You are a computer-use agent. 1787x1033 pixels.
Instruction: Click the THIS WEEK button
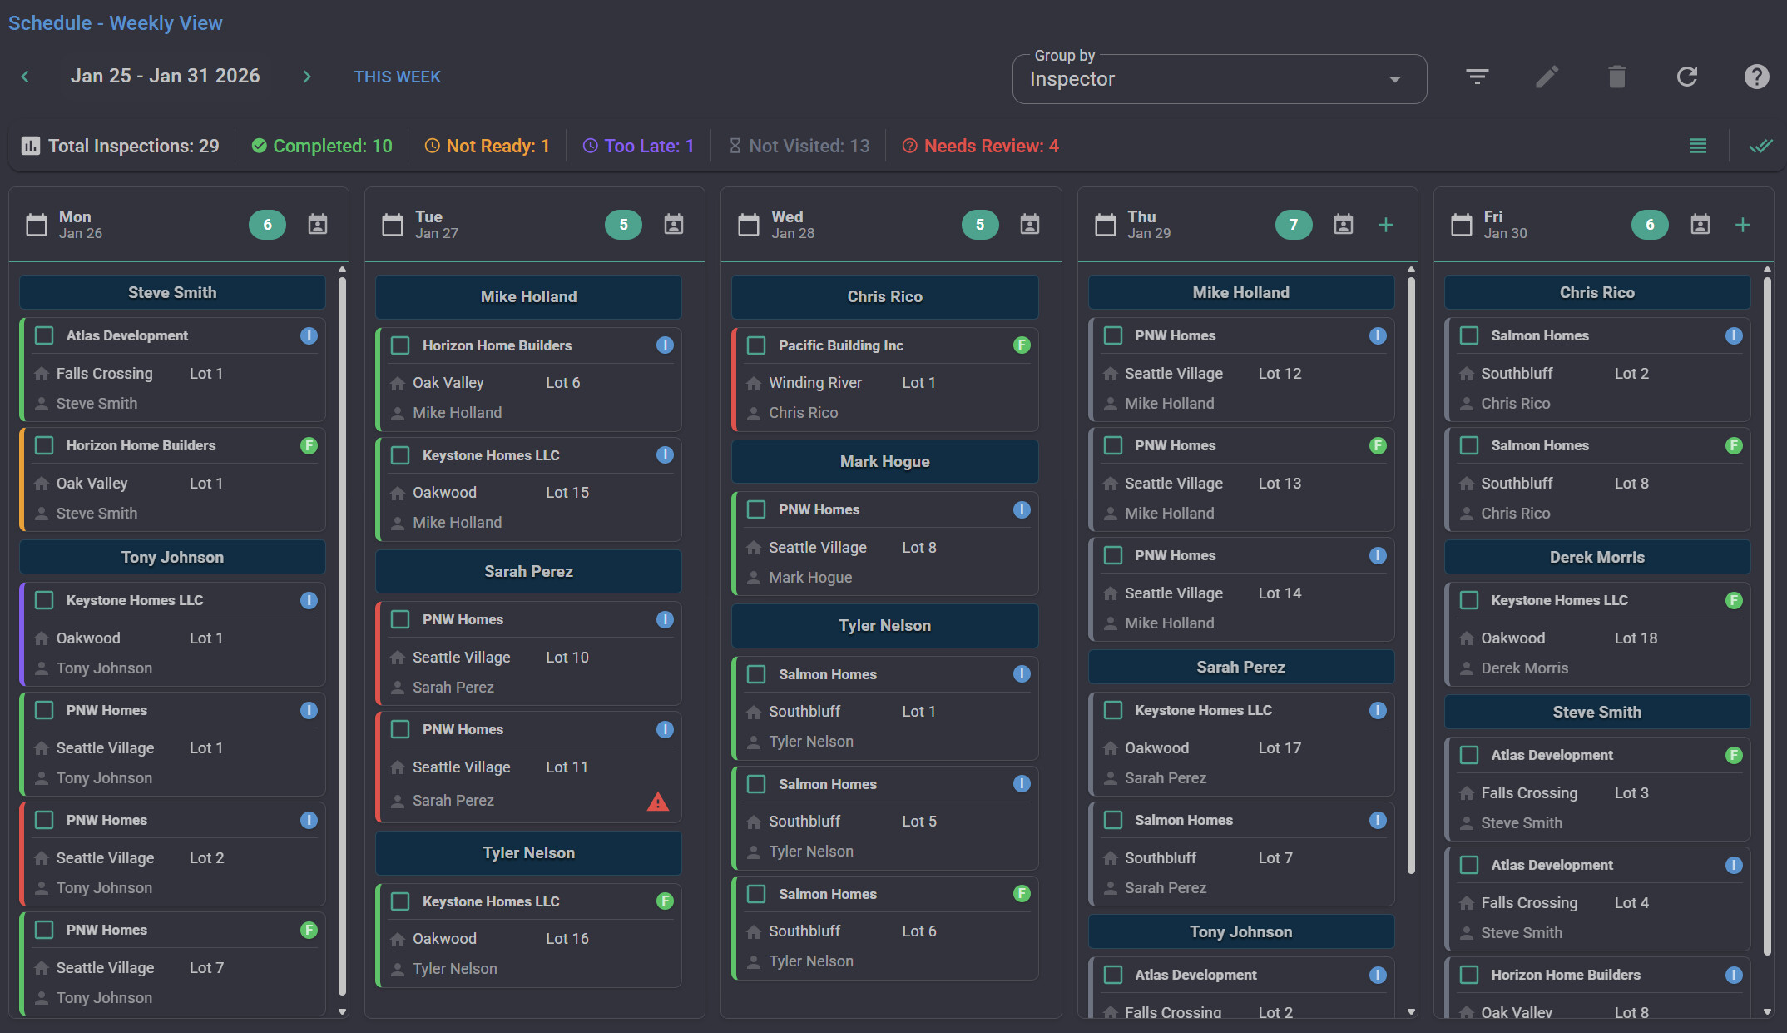point(397,77)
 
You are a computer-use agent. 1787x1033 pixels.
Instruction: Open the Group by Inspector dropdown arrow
point(1394,79)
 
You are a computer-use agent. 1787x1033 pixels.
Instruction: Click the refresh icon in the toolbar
point(1686,77)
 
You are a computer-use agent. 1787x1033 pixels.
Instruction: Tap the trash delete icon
point(1616,77)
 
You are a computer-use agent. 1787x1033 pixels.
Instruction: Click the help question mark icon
point(1756,77)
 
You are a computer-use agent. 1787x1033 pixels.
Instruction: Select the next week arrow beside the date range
point(307,77)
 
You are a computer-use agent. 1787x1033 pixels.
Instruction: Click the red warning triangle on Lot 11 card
point(657,802)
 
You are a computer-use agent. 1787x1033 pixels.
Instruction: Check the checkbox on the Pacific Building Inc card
point(756,345)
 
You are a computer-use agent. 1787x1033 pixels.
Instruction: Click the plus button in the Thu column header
point(1386,225)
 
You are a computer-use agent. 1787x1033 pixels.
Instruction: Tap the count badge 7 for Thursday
point(1293,225)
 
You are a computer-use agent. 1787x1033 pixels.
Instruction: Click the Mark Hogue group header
point(884,461)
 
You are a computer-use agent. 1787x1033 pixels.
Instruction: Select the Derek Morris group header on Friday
point(1596,557)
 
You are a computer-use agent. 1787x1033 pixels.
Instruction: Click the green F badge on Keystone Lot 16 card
point(665,901)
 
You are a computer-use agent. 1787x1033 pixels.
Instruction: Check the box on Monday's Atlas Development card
point(44,335)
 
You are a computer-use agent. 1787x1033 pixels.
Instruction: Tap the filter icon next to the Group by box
point(1477,77)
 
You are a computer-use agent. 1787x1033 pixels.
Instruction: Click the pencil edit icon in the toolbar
point(1547,77)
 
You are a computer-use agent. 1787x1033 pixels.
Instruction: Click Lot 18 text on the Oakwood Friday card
point(1635,638)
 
